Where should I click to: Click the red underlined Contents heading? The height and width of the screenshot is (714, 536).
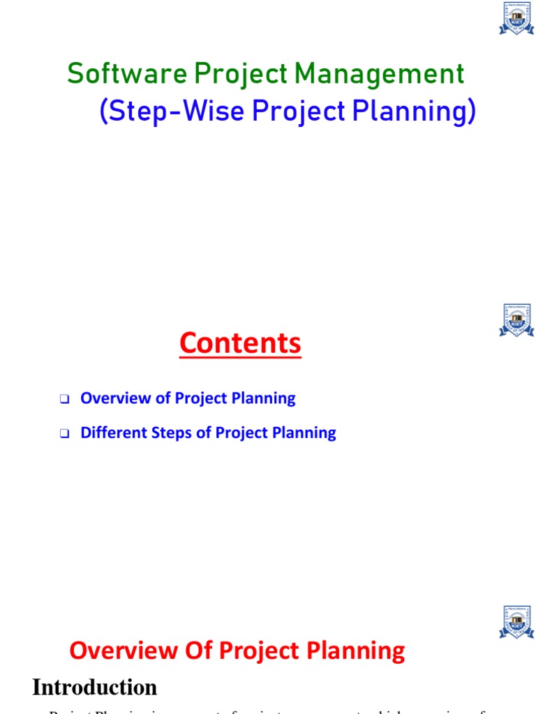(x=240, y=343)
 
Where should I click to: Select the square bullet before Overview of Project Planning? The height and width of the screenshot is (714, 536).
(x=65, y=400)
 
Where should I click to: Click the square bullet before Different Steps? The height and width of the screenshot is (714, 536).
(x=65, y=434)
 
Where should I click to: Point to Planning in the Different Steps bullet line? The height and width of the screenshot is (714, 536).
(x=304, y=433)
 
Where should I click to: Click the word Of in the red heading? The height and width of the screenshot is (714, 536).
(x=199, y=651)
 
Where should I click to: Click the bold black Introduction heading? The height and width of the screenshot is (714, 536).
(x=94, y=688)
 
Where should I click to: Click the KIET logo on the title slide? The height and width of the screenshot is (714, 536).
(x=516, y=19)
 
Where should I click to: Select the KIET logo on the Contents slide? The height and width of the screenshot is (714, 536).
(x=516, y=320)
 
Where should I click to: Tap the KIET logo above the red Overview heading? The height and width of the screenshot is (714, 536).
(x=516, y=622)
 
